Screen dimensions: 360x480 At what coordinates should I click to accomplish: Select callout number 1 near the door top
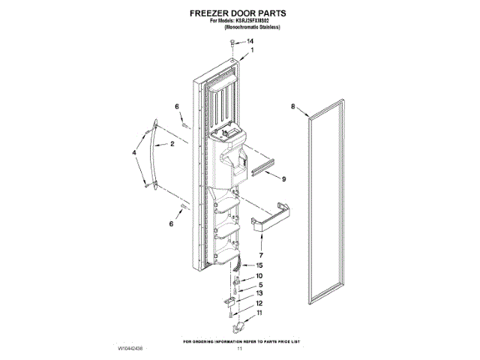click(252, 50)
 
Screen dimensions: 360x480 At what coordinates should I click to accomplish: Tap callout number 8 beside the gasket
click(293, 106)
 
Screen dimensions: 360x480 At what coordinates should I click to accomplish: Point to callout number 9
click(284, 179)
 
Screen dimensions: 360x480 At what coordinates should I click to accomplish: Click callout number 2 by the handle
click(172, 143)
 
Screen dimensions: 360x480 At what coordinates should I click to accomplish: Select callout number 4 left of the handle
click(134, 154)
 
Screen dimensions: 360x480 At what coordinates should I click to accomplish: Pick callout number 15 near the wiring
click(259, 265)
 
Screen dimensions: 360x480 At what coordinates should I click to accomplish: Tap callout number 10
click(259, 276)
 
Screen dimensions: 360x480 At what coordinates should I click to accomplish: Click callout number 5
click(259, 285)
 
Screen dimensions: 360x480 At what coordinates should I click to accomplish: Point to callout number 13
click(259, 293)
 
